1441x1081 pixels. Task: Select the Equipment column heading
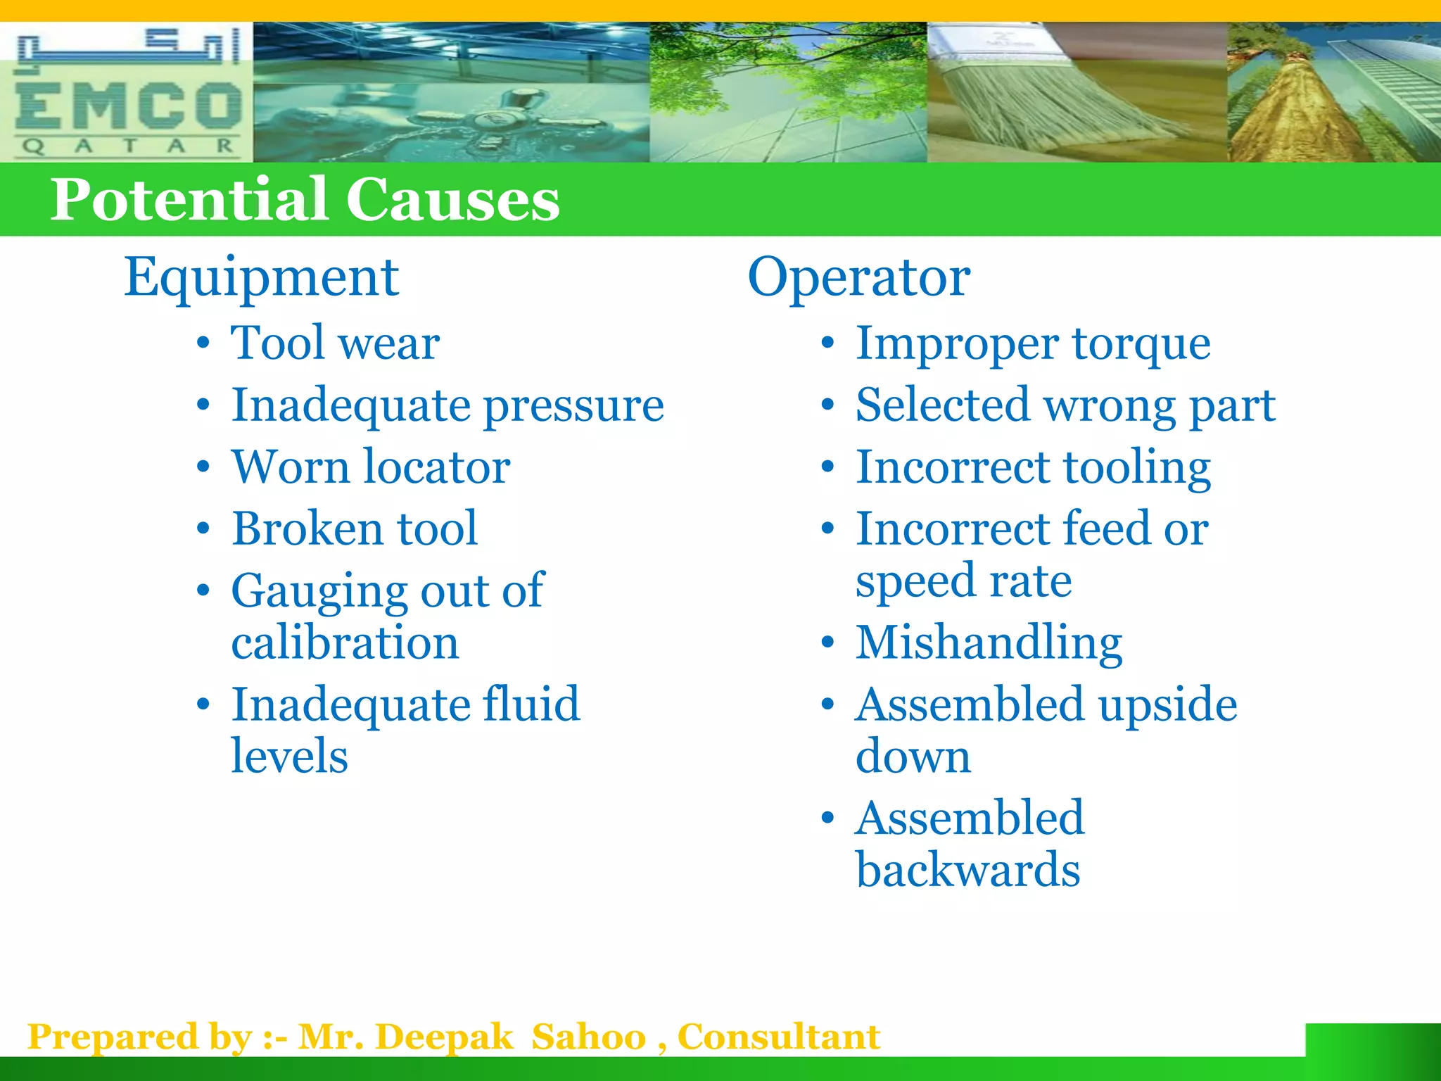point(261,278)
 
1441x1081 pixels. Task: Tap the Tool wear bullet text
point(335,343)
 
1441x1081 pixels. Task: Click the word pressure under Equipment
point(574,407)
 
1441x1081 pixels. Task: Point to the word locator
point(436,467)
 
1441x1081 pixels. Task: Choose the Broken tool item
point(355,529)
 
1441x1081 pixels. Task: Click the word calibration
point(345,643)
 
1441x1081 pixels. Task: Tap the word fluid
point(531,704)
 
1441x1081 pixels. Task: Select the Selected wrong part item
point(1065,406)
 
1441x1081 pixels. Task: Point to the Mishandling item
point(989,643)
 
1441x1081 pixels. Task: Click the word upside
point(1167,705)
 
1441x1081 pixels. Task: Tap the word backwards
point(967,871)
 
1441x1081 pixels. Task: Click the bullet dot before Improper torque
point(827,345)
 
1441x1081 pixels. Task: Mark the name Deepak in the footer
point(444,1037)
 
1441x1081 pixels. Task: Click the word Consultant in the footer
point(778,1037)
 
